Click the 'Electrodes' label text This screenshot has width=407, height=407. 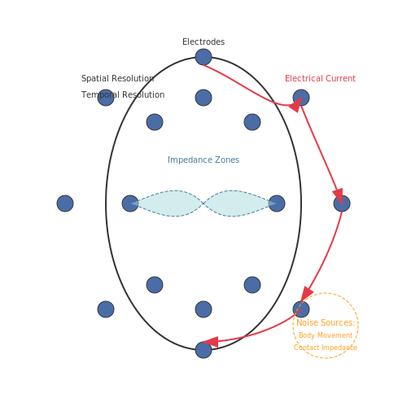coord(203,42)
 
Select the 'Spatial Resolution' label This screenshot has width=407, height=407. coord(118,78)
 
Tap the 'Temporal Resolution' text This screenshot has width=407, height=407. coord(123,94)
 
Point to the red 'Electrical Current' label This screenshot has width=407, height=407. coord(320,78)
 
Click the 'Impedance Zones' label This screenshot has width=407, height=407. coord(203,160)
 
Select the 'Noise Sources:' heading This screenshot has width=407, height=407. coord(326,322)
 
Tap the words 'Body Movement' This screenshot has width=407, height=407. coord(326,335)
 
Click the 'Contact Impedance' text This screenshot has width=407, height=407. coord(326,348)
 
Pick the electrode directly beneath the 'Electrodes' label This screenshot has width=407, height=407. coord(203,57)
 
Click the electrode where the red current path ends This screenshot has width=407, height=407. coord(203,350)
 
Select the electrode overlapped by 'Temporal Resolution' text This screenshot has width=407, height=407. coord(106,98)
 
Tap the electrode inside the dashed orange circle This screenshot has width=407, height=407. coord(301,309)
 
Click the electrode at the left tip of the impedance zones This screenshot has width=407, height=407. coord(130,203)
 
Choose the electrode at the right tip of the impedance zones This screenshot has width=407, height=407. coord(277,203)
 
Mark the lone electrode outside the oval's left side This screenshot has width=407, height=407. coord(65,203)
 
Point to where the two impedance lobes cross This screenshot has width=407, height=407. coord(203,203)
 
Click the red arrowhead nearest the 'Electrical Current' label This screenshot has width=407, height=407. coord(296,104)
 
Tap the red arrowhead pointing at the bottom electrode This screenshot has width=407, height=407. coord(211,342)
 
